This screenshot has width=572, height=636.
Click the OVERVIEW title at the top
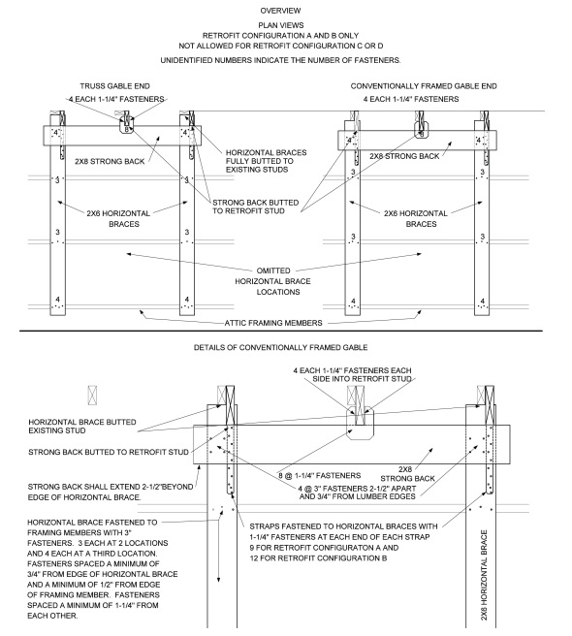coord(286,10)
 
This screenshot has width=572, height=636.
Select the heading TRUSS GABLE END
coord(114,85)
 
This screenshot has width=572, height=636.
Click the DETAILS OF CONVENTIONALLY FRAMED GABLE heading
coord(286,346)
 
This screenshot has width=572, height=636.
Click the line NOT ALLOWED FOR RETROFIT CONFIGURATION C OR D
coord(286,45)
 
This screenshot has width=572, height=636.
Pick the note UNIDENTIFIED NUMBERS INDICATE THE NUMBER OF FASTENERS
coord(286,60)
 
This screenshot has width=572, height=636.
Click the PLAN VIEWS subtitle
coord(286,25)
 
